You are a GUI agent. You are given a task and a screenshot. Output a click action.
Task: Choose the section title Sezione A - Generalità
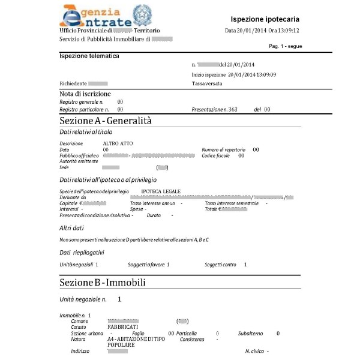tap(106, 121)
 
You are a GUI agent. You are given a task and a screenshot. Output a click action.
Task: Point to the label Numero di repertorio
tap(224, 149)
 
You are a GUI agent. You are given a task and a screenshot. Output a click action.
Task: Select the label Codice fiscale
tap(215, 155)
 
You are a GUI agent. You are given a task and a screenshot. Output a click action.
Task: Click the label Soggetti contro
tap(221, 264)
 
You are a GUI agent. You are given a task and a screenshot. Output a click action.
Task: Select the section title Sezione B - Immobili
tap(103, 281)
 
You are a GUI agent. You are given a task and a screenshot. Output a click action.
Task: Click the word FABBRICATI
tap(122, 327)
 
